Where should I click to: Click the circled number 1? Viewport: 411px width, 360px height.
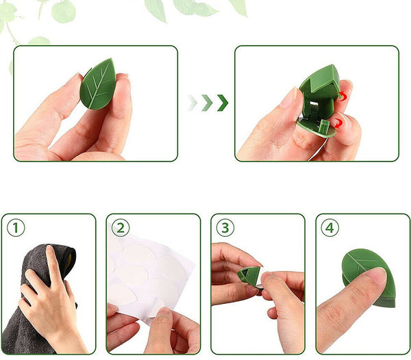tap(15, 227)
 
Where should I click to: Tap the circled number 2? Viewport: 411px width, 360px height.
tap(121, 227)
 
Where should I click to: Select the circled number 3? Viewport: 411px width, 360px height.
tap(225, 227)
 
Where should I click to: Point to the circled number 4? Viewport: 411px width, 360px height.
tap(330, 227)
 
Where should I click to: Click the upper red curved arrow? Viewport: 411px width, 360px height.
tap(342, 97)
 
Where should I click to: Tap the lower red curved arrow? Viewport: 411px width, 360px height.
tap(338, 123)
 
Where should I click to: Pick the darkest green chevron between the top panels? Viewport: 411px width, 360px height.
tap(223, 103)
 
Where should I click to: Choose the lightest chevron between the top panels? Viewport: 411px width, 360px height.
tap(193, 103)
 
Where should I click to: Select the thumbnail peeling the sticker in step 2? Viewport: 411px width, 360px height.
tap(163, 316)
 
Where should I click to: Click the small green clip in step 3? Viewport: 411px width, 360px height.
tap(250, 276)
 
